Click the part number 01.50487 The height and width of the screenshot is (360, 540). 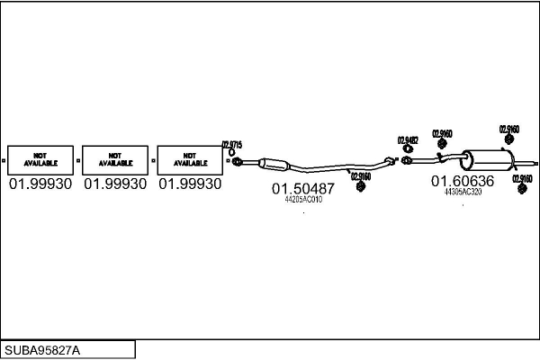[x=303, y=189]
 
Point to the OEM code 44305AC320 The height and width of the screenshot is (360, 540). [x=463, y=192]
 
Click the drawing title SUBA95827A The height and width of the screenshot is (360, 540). [x=42, y=349]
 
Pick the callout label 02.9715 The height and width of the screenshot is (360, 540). [x=232, y=144]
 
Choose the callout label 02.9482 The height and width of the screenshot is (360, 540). [x=408, y=139]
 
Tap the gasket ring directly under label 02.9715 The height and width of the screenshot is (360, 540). [x=236, y=162]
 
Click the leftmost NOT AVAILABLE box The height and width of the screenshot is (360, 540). [x=40, y=159]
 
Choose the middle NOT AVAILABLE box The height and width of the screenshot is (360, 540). [x=114, y=159]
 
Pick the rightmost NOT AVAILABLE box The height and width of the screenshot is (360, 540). [x=189, y=159]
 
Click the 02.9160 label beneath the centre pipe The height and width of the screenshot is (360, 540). [x=360, y=176]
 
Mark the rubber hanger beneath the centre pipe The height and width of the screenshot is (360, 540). [x=360, y=186]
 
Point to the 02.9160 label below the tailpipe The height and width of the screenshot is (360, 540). [x=522, y=178]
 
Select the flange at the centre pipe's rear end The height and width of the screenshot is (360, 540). [x=389, y=161]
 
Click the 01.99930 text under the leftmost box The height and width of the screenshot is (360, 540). [x=40, y=184]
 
